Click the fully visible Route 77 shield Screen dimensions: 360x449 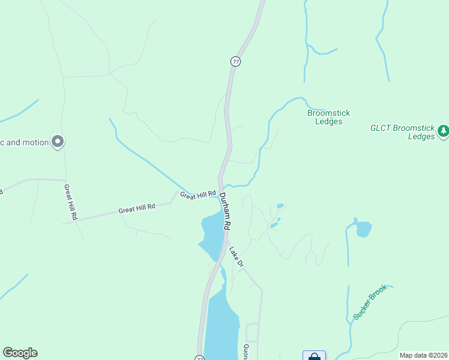click(x=235, y=62)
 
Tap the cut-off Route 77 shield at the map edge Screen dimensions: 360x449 click(x=199, y=358)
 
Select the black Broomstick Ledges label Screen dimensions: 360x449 click(x=328, y=117)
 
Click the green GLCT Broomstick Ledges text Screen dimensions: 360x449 click(x=402, y=132)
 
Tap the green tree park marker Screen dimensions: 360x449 click(x=443, y=130)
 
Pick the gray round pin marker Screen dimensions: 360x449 click(x=58, y=142)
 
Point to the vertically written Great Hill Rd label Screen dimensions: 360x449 click(x=70, y=202)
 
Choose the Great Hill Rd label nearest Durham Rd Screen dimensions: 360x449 click(x=198, y=195)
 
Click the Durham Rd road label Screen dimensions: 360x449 click(x=224, y=211)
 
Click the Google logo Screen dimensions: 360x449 click(x=20, y=353)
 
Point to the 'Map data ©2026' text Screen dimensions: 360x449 click(x=423, y=355)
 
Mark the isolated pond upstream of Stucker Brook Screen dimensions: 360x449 click(x=363, y=229)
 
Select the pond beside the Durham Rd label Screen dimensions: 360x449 click(x=211, y=234)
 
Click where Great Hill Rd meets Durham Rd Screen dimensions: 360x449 click(x=218, y=191)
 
